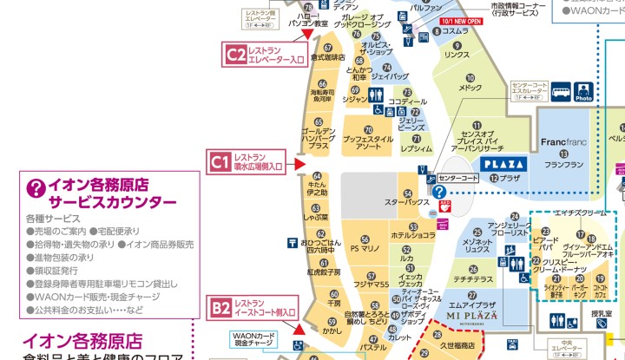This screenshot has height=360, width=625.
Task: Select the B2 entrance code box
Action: (x=220, y=306)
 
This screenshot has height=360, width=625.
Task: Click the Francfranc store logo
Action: (x=564, y=141)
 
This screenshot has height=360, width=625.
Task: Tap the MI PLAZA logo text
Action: (x=472, y=317)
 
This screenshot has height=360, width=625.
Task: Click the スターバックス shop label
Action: (x=406, y=202)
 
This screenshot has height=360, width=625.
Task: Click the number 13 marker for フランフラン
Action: (x=563, y=154)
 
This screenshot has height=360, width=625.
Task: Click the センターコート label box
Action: (x=459, y=178)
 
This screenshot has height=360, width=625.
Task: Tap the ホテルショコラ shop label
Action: (x=412, y=235)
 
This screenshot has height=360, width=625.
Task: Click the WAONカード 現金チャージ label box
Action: (x=253, y=339)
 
